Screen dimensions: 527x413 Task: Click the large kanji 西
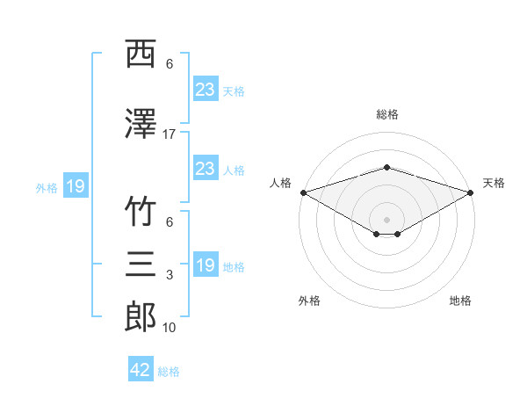(x=141, y=54)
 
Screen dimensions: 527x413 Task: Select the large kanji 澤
(x=141, y=123)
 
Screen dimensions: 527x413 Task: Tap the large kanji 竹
(x=141, y=211)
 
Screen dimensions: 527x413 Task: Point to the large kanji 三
(x=141, y=264)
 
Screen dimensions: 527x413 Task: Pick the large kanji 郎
(x=141, y=316)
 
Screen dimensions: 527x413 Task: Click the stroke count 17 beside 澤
(x=169, y=134)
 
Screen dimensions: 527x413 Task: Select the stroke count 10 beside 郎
(x=169, y=328)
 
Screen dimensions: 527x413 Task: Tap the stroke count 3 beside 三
(x=170, y=275)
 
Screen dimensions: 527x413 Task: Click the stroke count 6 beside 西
(x=170, y=64)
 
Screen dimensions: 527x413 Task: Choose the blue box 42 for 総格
(x=141, y=368)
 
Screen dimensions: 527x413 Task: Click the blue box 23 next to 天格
(x=206, y=89)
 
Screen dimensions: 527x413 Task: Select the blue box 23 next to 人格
(x=206, y=168)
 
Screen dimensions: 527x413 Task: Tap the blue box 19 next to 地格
(x=206, y=264)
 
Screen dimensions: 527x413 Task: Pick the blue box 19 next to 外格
(x=76, y=185)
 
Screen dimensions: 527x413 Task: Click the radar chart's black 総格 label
(x=387, y=114)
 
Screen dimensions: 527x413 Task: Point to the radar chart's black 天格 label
(x=494, y=183)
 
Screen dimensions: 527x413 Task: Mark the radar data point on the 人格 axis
(x=304, y=192)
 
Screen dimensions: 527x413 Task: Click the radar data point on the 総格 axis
(x=387, y=168)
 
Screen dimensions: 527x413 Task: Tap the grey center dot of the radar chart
(x=386, y=220)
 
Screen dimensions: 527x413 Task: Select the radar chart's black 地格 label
(x=460, y=301)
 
